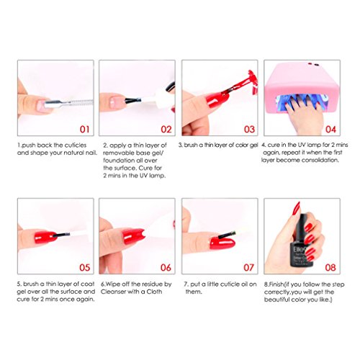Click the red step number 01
tap(84, 130)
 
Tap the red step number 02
tap(166, 130)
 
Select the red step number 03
tap(249, 130)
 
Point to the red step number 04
tap(330, 130)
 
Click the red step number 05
tap(85, 267)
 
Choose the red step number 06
tap(166, 267)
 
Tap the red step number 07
tap(248, 267)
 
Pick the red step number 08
tap(330, 267)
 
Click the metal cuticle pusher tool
tap(69, 104)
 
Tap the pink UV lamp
tap(302, 88)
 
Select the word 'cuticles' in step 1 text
tap(76, 145)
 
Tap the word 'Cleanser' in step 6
tap(114, 292)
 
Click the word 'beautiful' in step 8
tap(277, 300)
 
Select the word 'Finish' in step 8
tap(274, 284)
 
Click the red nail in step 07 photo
tap(222, 243)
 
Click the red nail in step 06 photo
tap(133, 237)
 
